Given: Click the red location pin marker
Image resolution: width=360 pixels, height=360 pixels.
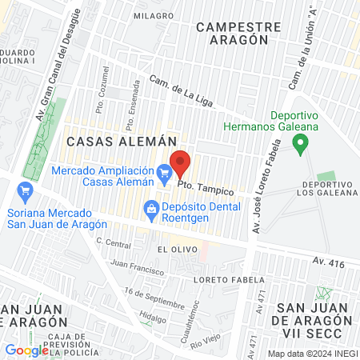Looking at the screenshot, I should click(x=181, y=162).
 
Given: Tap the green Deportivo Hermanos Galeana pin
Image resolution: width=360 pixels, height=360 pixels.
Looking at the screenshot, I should click(x=301, y=145).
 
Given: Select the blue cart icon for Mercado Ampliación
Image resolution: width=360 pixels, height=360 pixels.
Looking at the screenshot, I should click(x=165, y=171).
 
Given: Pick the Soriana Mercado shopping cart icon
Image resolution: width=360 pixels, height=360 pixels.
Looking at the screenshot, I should click(x=25, y=192).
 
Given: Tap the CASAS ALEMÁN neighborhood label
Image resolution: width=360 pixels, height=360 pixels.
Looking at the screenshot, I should click(x=110, y=141).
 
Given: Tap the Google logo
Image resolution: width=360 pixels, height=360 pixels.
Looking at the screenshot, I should click(x=27, y=350).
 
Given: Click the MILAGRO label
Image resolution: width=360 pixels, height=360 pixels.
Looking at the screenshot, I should click(x=154, y=15).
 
